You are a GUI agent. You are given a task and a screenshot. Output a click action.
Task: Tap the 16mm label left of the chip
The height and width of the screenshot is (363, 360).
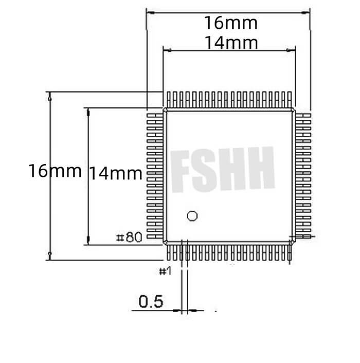point(55,170)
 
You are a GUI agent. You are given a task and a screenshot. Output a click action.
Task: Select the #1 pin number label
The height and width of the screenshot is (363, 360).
point(165,270)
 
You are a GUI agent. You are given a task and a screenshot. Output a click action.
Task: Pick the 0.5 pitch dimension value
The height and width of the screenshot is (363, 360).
point(151,301)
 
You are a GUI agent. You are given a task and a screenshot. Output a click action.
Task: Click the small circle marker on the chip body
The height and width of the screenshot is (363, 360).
point(192,215)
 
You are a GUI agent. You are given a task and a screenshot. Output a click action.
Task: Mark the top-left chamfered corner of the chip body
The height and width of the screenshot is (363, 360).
point(165,110)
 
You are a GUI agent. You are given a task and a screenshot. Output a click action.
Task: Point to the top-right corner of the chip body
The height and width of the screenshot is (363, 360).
point(294,110)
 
